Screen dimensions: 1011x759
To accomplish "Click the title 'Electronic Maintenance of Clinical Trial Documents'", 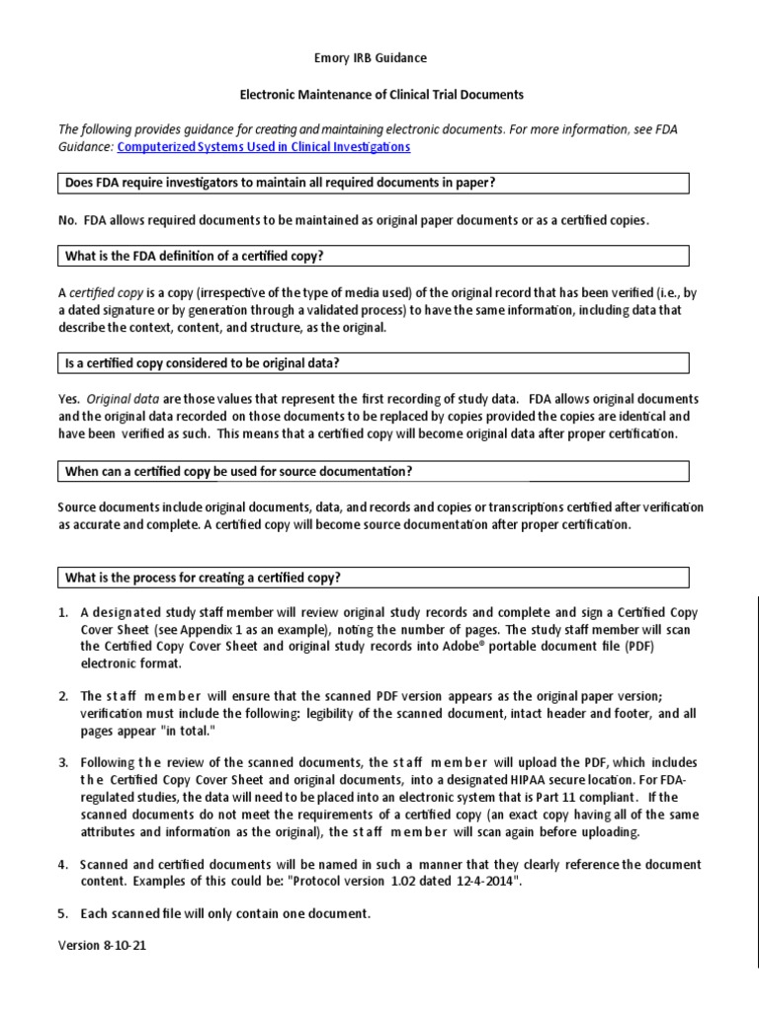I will tap(382, 95).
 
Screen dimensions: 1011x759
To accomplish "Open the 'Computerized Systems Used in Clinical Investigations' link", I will tap(263, 147).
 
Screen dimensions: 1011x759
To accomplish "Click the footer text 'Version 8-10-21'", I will tap(104, 945).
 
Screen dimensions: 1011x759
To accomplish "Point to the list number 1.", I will tap(62, 612).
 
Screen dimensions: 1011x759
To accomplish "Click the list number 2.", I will tap(62, 696).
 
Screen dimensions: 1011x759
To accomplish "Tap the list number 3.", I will tap(62, 763).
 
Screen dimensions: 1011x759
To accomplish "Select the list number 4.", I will tap(62, 865).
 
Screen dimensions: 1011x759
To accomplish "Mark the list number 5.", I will tap(62, 914).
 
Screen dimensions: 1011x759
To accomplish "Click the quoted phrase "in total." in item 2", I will tap(176, 731).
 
